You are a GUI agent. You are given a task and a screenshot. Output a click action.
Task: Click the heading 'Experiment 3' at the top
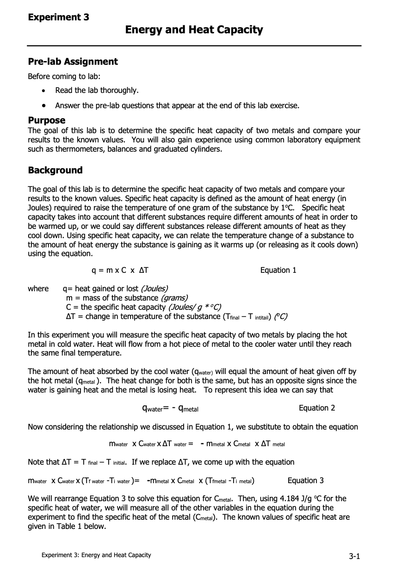[59, 18]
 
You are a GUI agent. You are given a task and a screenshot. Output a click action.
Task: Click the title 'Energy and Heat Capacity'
[194, 30]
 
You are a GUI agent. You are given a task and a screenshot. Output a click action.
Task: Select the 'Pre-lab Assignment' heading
[73, 62]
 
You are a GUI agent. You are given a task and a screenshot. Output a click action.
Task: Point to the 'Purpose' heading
[47, 121]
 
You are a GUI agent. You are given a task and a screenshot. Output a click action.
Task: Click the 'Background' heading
[55, 170]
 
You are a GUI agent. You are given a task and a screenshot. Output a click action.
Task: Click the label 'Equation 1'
[278, 270]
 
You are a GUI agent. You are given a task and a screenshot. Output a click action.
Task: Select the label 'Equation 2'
[317, 408]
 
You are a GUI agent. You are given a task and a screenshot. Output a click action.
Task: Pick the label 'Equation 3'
[306, 480]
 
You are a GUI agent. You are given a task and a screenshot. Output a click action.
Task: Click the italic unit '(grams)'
[174, 298]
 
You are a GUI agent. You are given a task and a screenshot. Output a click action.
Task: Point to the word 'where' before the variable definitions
[38, 289]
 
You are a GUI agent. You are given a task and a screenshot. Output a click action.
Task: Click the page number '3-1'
[354, 556]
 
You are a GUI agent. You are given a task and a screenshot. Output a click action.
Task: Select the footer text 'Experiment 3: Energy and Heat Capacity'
[96, 555]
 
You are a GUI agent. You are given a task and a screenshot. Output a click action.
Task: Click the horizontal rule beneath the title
[194, 46]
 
